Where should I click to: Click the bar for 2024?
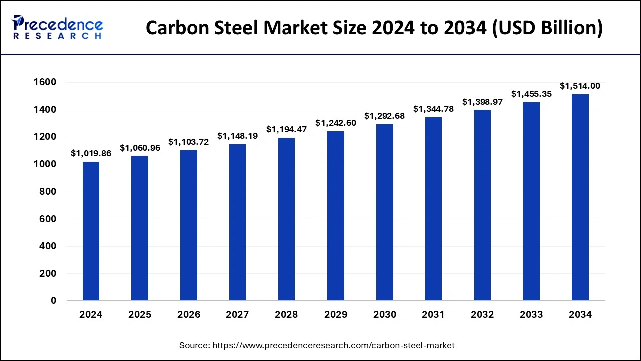[x=91, y=231]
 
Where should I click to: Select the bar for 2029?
[x=335, y=216]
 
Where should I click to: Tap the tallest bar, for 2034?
[x=580, y=198]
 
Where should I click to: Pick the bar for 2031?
[x=433, y=209]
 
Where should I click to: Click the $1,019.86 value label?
[x=91, y=153]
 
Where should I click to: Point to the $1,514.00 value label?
[x=580, y=86]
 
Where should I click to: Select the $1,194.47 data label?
[x=286, y=129]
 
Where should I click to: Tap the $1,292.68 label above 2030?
[x=384, y=116]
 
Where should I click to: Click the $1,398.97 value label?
[x=482, y=102]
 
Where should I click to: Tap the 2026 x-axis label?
[x=189, y=315]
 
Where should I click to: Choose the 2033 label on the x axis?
[x=531, y=315]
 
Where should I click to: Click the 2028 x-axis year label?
[x=286, y=315]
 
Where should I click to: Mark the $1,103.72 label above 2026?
[x=189, y=142]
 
